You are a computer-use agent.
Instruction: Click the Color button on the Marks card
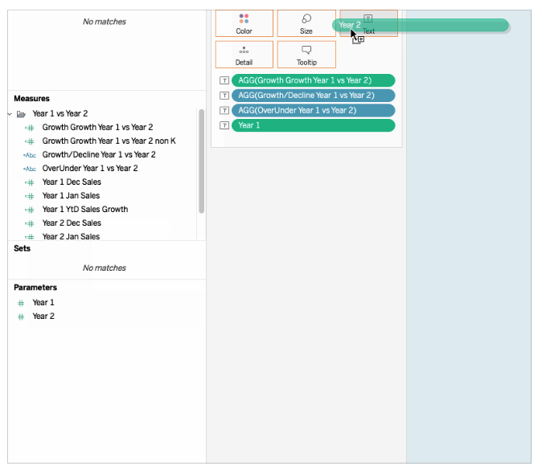tap(244, 23)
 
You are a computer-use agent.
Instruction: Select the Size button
tap(306, 23)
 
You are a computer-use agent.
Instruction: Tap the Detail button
tap(244, 55)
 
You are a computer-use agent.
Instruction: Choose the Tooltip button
tap(306, 55)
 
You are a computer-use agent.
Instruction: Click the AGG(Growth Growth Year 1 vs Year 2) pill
tap(314, 80)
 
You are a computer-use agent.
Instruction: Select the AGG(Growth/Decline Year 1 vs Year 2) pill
tap(314, 96)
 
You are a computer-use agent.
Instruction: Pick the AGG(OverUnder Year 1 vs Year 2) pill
tap(314, 110)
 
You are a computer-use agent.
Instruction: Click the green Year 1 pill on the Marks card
tap(314, 125)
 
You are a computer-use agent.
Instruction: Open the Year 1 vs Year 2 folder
tap(60, 113)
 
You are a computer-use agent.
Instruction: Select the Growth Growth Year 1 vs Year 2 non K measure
tap(109, 141)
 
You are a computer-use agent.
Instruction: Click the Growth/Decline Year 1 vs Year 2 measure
tap(99, 154)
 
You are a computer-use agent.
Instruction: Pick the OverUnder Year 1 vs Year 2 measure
tap(90, 169)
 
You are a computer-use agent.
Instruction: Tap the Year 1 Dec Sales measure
tap(72, 182)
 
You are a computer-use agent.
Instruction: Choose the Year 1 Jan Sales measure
tap(71, 196)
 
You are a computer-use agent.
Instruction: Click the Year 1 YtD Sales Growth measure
tap(85, 210)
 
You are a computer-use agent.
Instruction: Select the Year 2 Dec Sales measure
tap(72, 223)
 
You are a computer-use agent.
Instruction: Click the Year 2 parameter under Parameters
tap(43, 316)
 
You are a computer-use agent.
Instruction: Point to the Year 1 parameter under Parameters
tap(43, 302)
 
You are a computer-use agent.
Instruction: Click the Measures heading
tap(31, 98)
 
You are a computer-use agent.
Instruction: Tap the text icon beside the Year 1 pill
tap(224, 125)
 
